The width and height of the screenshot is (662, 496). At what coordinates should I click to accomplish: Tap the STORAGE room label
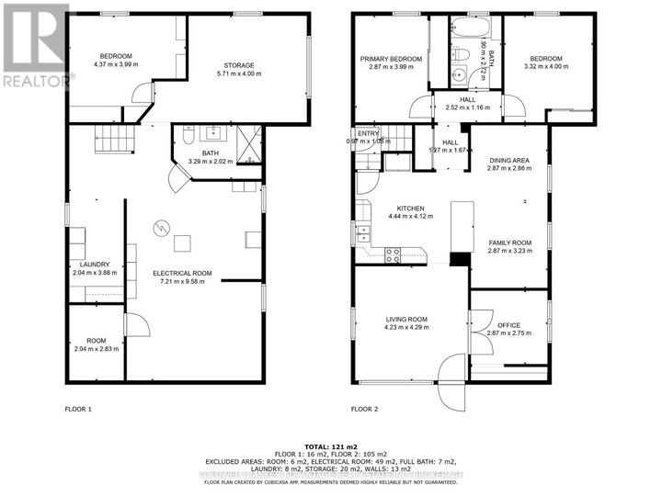(x=239, y=65)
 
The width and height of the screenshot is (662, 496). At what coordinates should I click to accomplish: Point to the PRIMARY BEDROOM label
(x=390, y=59)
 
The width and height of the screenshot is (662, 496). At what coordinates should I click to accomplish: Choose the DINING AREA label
(x=509, y=161)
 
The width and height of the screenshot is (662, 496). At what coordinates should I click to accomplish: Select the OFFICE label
(x=509, y=325)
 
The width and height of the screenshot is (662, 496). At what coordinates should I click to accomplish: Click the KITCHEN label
(x=409, y=208)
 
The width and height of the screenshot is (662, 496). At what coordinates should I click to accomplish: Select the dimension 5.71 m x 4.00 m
(x=239, y=73)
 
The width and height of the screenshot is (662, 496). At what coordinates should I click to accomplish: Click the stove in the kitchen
(x=393, y=254)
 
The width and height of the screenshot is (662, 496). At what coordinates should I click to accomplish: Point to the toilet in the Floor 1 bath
(x=187, y=139)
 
